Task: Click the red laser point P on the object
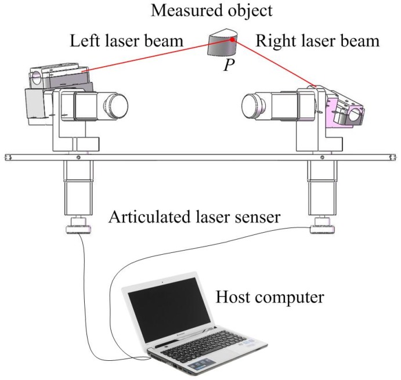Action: [x=232, y=40]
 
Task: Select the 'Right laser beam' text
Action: [x=317, y=42]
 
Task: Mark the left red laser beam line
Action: [x=157, y=56]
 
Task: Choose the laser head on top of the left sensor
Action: [x=58, y=77]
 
